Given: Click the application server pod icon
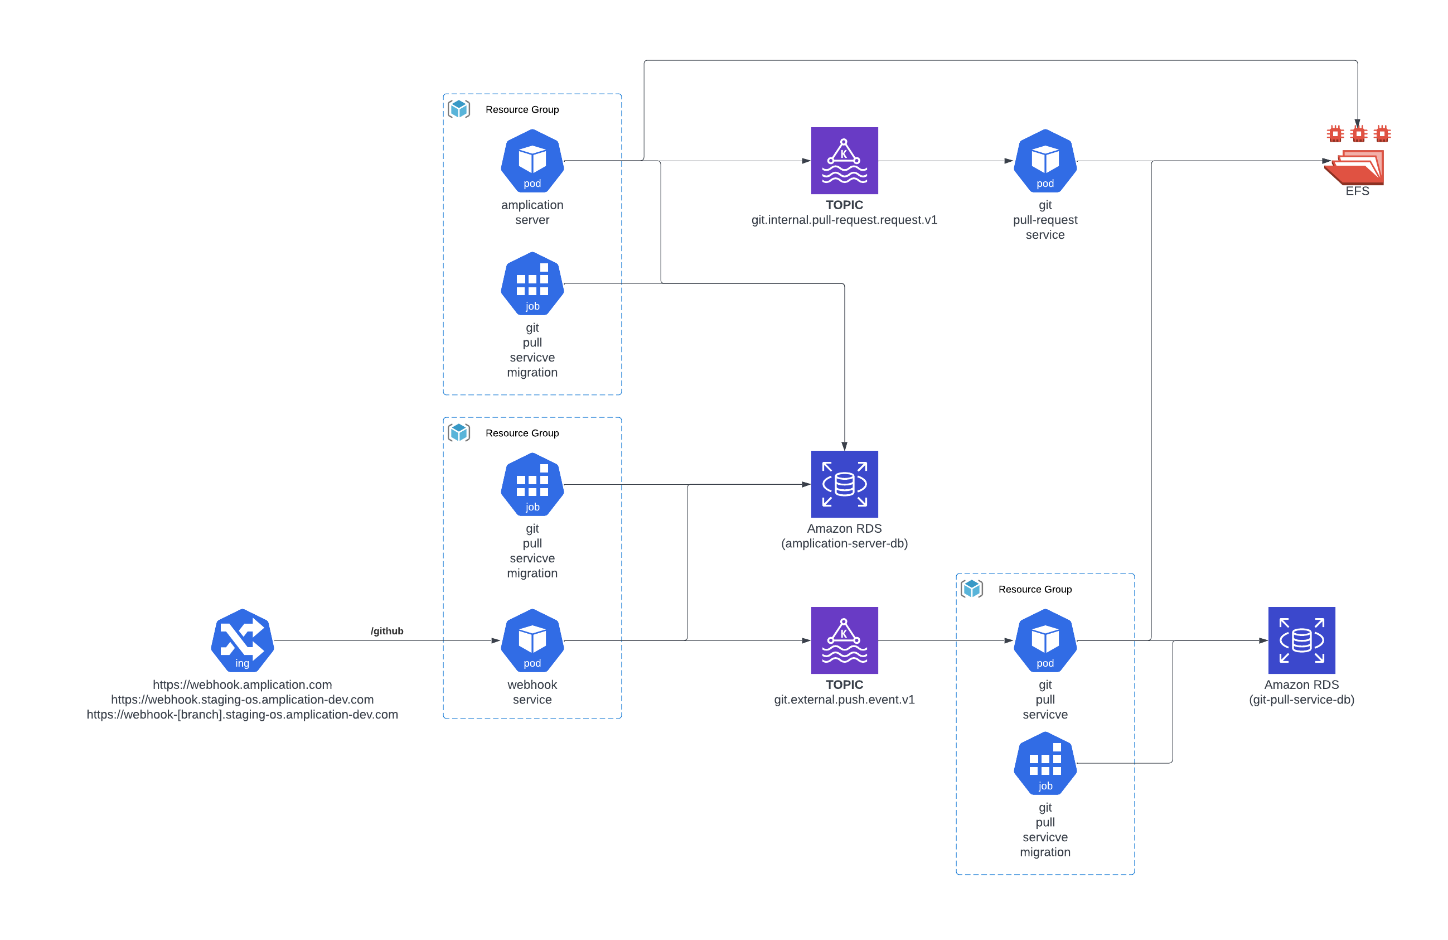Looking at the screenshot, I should click(532, 161).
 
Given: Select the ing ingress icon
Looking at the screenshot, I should click(242, 640).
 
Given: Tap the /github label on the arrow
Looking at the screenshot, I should click(387, 631).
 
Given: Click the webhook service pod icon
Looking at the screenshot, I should click(532, 640).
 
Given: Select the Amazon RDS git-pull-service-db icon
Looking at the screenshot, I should click(1301, 640).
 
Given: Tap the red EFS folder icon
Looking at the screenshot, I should click(1355, 167).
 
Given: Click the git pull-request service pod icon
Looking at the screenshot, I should click(1045, 161).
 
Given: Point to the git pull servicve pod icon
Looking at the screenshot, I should click(1045, 640).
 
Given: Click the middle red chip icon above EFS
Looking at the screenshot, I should click(1358, 133).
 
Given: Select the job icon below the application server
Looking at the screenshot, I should click(532, 284).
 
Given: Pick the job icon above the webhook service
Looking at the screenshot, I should click(532, 484).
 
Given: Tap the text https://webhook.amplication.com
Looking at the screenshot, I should click(242, 685).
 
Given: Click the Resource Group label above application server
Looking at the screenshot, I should click(522, 109).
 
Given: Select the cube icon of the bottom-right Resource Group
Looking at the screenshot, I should click(972, 589).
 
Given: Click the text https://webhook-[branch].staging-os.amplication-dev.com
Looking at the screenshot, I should click(242, 715).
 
